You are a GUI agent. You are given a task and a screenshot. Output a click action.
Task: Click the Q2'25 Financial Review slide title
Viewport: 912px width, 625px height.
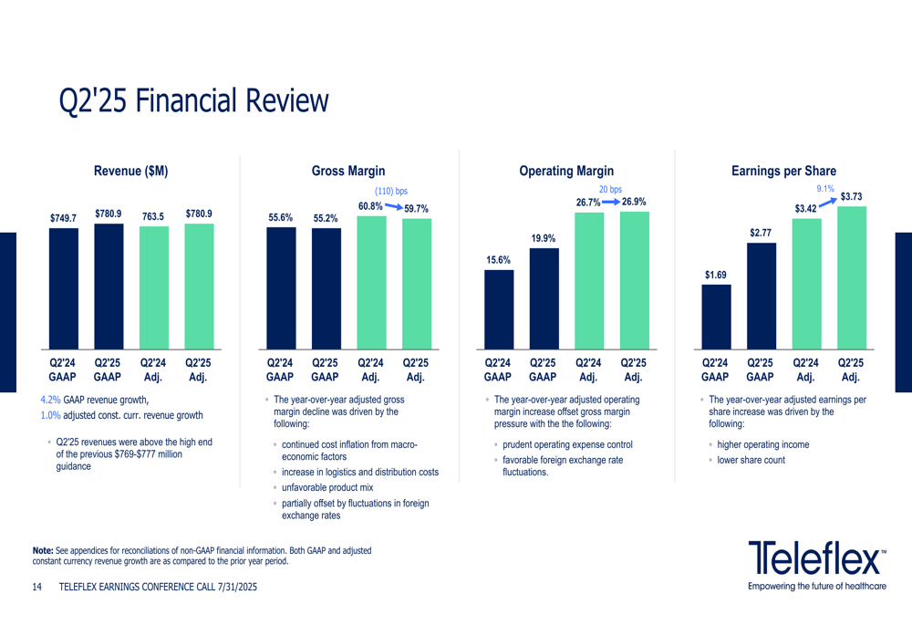pyautogui.click(x=192, y=100)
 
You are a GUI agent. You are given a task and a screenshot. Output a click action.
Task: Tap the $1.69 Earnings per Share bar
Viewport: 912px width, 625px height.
pyautogui.click(x=716, y=317)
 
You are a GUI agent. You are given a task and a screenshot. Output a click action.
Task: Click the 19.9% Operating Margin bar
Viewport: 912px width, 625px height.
pyautogui.click(x=544, y=298)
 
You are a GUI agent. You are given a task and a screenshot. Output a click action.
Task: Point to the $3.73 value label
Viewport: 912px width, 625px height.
pyautogui.click(x=851, y=196)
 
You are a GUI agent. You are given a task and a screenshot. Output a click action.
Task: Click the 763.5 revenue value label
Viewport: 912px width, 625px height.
pyautogui.click(x=153, y=216)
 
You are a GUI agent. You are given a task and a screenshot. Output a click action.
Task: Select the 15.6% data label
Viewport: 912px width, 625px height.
pyautogui.click(x=498, y=260)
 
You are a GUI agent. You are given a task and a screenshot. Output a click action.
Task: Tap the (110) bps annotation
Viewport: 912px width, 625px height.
pyautogui.click(x=391, y=192)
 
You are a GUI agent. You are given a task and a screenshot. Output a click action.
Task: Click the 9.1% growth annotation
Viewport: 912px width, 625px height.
pyautogui.click(x=825, y=189)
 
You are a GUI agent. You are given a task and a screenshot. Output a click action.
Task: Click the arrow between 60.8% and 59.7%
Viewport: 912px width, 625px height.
pyautogui.click(x=394, y=207)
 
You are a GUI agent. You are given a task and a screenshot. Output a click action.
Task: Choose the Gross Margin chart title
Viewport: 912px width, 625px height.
pyautogui.click(x=348, y=171)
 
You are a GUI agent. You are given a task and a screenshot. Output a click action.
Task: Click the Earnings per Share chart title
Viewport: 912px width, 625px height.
pyautogui.click(x=783, y=171)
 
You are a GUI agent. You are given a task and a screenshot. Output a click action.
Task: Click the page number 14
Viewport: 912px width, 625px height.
pyautogui.click(x=37, y=589)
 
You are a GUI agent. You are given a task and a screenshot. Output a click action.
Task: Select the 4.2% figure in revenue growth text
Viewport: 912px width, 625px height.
pyautogui.click(x=50, y=400)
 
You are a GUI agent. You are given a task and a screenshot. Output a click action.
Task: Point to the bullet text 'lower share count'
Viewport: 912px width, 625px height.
pyautogui.click(x=751, y=460)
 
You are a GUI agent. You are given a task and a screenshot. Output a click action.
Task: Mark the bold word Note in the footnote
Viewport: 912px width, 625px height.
pyautogui.click(x=43, y=550)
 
